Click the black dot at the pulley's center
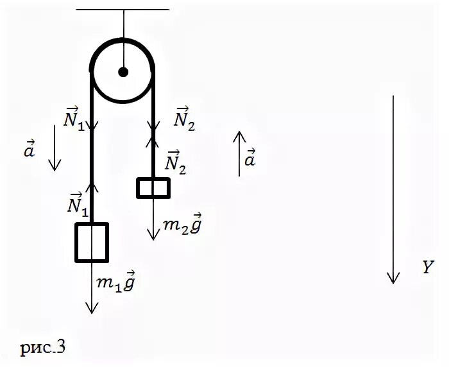[123, 71]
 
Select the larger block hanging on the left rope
[92, 242]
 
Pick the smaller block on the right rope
[153, 187]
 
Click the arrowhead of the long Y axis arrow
[393, 277]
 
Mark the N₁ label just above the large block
[74, 202]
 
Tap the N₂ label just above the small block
[177, 163]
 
